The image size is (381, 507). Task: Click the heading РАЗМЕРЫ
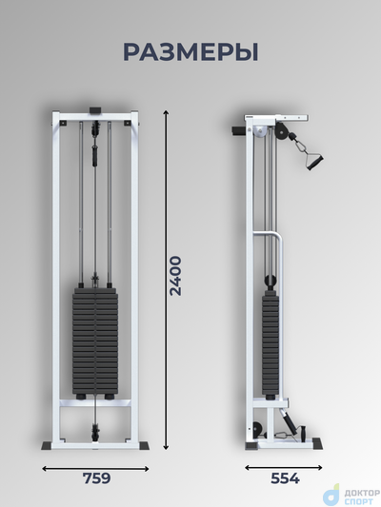tap(190, 52)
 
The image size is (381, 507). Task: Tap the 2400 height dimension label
tap(176, 276)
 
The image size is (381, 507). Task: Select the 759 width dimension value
tap(97, 478)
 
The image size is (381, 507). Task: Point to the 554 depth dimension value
tap(285, 478)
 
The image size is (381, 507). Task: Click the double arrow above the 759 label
tap(96, 469)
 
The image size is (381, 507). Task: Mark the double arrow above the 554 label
tap(284, 468)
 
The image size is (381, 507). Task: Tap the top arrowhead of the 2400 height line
tap(166, 112)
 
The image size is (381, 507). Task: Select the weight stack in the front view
tap(95, 342)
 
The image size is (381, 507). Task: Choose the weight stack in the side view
tap(271, 343)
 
